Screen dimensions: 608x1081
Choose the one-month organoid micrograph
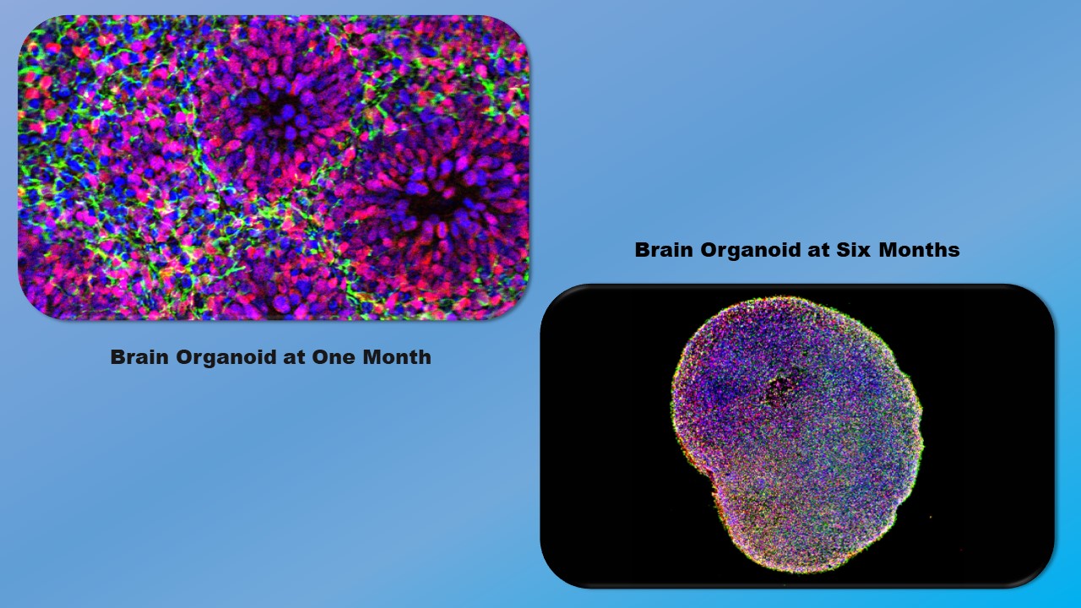pyautogui.click(x=274, y=167)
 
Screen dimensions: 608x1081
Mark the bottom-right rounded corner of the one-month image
pyautogui.click(x=513, y=304)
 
